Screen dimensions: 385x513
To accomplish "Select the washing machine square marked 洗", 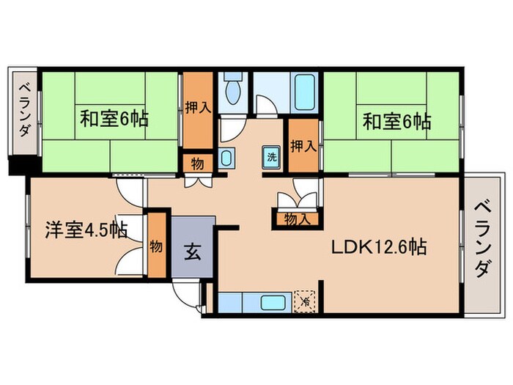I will point(270,155).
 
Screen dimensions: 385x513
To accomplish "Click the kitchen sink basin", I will point(273,302).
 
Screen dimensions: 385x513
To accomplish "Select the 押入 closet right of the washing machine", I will point(302,145).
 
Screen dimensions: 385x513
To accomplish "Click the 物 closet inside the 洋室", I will point(156,246).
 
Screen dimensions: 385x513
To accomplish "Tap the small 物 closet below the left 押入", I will point(197,162).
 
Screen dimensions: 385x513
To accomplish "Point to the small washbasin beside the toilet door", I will point(226,156).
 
